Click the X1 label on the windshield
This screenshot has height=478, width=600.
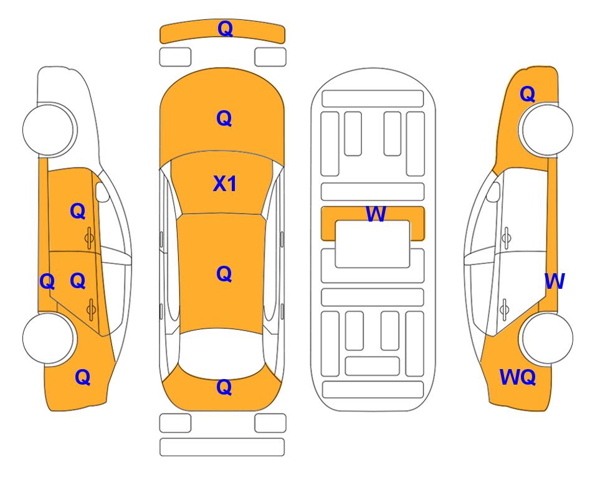[x=225, y=184]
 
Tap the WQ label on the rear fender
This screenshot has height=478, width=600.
[x=517, y=377]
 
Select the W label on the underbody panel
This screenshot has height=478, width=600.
[x=376, y=213]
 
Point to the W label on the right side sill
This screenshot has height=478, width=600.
[x=555, y=281]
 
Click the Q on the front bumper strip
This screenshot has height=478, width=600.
[x=225, y=29]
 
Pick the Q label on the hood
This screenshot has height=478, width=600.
[x=224, y=118]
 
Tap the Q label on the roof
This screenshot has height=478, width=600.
[x=224, y=274]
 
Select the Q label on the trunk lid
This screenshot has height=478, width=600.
[x=224, y=387]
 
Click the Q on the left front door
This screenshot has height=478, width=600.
[x=78, y=211]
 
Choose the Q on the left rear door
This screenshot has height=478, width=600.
[x=78, y=281]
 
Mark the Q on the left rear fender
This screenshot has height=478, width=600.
[x=83, y=377]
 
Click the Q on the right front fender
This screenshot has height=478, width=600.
[x=527, y=94]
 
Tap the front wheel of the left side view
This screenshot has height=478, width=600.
[x=49, y=129]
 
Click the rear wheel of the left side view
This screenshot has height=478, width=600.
[x=49, y=338]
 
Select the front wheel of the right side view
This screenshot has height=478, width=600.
[x=546, y=129]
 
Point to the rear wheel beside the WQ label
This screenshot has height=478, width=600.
[x=546, y=338]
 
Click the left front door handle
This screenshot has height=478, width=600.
[x=89, y=238]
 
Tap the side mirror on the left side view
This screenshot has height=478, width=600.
[x=102, y=192]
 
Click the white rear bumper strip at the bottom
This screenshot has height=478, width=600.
[x=222, y=447]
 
